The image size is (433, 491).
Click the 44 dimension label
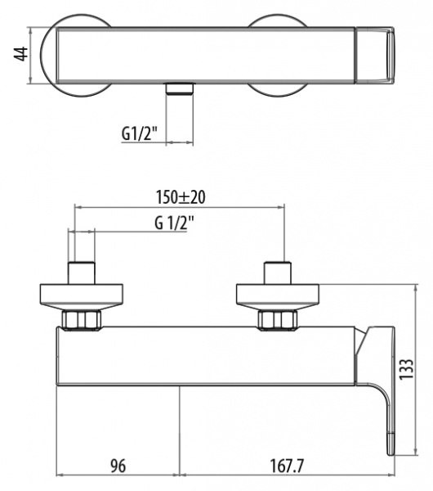point(21,54)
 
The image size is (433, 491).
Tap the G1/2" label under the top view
point(139,133)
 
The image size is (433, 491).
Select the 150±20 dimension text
point(181,197)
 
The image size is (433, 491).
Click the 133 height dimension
point(406,369)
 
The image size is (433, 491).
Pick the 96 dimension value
point(118,466)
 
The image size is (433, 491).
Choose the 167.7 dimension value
point(287,466)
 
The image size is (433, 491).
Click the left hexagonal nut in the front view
point(82,320)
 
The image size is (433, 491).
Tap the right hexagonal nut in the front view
point(277,320)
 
